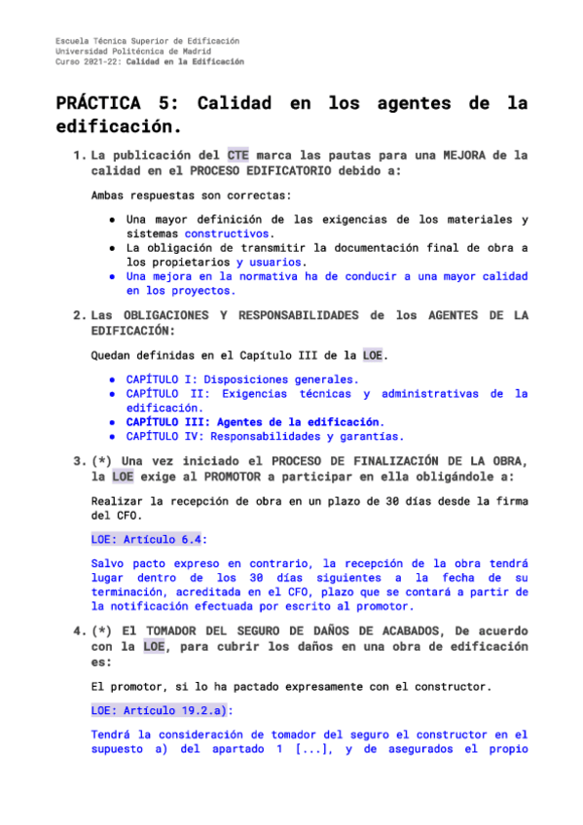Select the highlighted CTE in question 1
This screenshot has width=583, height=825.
tap(237, 155)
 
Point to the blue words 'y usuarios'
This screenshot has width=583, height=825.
tap(271, 262)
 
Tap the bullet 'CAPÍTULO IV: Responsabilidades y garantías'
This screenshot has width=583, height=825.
tap(264, 437)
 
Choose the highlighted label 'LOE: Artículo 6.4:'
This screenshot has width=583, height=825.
tap(148, 538)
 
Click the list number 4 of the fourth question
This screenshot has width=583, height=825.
tap(78, 632)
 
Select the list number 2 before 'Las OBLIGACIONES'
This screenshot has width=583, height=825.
tap(78, 315)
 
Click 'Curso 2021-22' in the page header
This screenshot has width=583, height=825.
tap(87, 61)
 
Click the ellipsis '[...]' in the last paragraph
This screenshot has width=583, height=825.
tap(314, 750)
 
